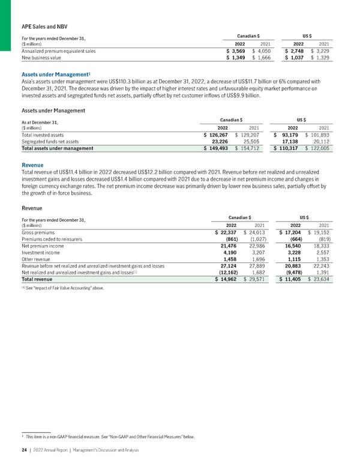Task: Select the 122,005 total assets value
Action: (322, 148)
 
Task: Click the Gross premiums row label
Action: (38, 232)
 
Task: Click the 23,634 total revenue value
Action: (322, 279)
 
